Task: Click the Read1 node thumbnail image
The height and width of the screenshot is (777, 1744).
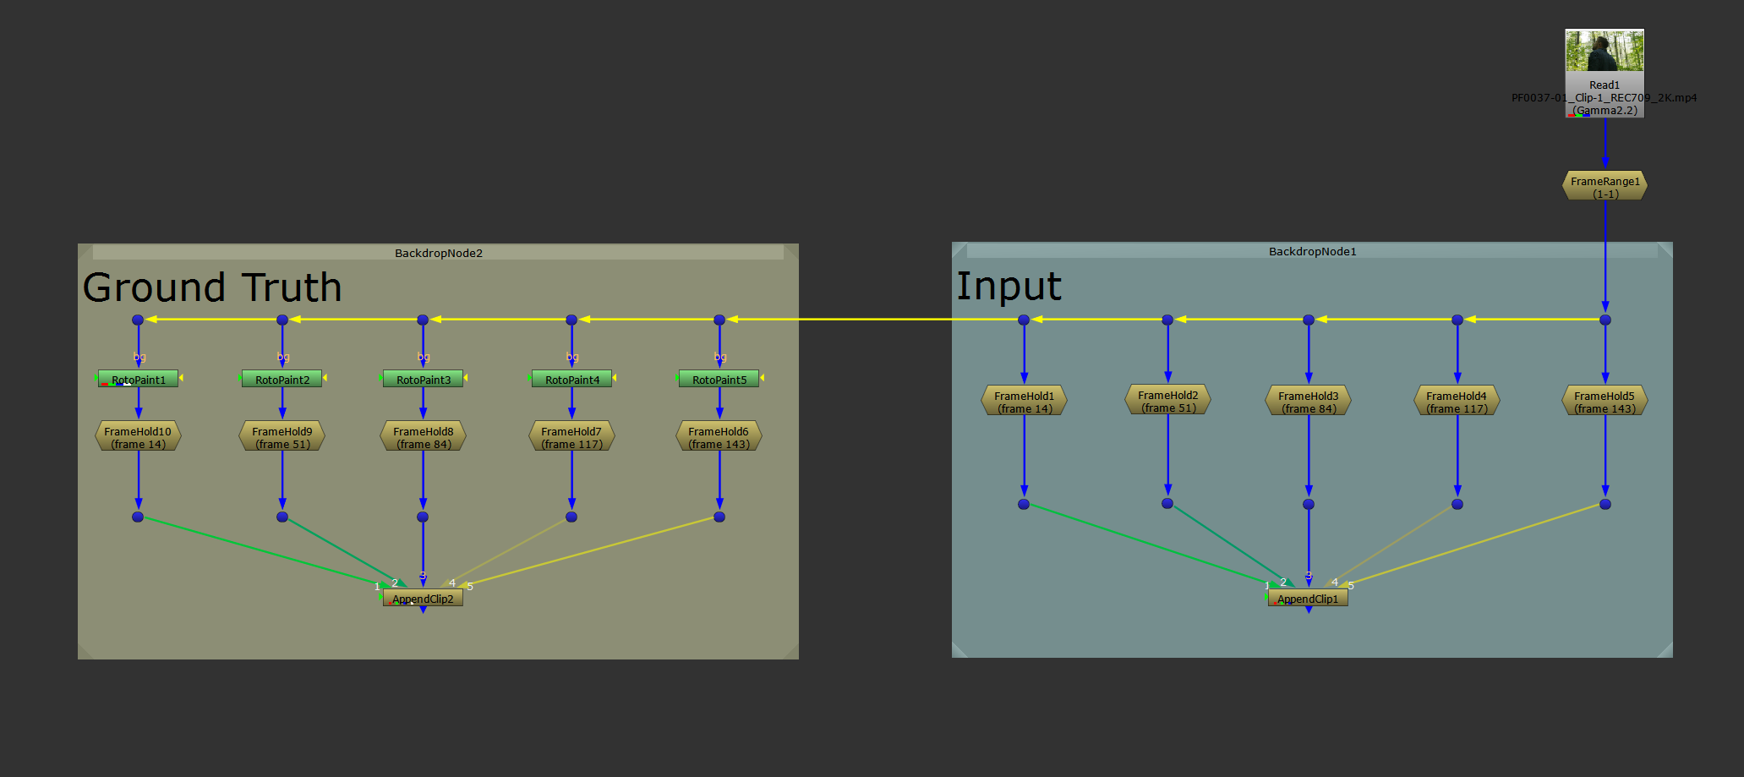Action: point(1604,51)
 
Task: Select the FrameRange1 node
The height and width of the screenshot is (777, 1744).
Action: point(1605,187)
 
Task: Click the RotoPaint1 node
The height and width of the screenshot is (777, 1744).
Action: point(139,380)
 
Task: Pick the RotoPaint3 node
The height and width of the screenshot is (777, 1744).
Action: point(423,380)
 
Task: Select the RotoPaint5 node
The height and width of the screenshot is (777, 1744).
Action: point(719,380)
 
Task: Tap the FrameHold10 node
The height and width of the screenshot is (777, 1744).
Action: point(138,437)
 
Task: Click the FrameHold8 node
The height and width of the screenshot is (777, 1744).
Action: point(423,437)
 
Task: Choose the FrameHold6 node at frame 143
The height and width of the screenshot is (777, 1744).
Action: point(719,437)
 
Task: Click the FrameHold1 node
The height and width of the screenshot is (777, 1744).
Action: point(1024,402)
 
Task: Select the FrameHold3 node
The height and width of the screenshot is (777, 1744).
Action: point(1308,402)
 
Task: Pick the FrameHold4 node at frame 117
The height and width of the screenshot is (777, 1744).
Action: point(1457,402)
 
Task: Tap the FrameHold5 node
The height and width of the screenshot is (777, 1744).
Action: point(1605,402)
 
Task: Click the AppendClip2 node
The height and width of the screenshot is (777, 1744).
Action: point(423,599)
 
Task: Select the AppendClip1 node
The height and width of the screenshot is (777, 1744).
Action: point(1308,599)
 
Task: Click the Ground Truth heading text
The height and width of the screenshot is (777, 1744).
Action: point(212,287)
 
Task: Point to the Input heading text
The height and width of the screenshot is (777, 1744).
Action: point(1009,286)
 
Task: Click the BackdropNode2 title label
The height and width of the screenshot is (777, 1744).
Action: point(438,253)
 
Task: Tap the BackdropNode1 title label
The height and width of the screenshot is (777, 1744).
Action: point(1312,251)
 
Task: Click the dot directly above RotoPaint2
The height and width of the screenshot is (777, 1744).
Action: point(282,320)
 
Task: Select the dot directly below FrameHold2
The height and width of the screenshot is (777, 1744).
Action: point(1167,503)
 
